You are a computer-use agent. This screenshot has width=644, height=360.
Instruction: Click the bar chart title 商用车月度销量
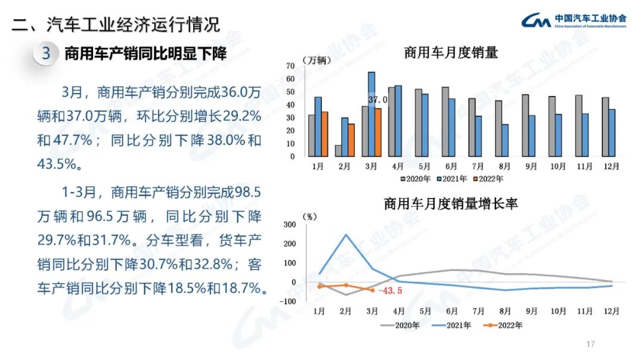point(451,52)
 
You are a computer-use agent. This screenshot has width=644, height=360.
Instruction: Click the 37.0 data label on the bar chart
point(378,100)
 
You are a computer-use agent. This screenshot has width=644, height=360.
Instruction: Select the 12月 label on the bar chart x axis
point(609,167)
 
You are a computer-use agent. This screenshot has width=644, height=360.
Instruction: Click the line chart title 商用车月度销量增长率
point(451,204)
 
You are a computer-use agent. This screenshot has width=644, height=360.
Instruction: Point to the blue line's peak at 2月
point(346,235)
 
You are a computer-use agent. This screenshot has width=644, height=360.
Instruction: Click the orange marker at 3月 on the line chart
point(372,290)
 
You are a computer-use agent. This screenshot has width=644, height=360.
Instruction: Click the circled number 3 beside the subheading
point(46,54)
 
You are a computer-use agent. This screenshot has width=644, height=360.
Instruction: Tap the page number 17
point(591,344)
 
